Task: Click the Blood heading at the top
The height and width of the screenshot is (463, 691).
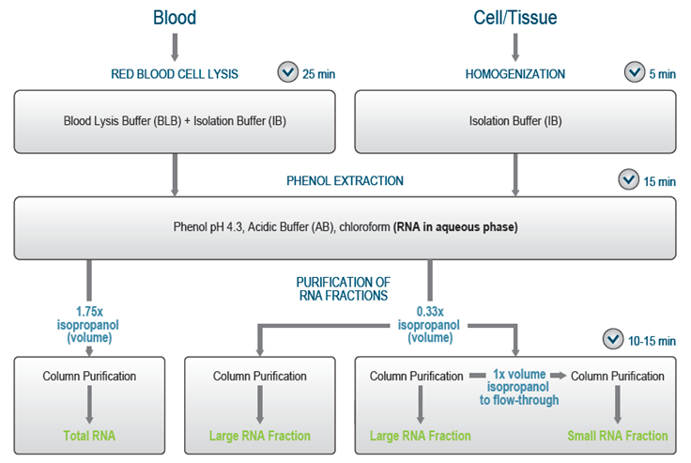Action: (175, 17)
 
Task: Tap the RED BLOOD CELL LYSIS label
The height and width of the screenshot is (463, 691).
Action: (175, 73)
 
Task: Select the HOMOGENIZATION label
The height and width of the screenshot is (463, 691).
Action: (515, 73)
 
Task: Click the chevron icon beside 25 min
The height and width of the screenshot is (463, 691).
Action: (288, 72)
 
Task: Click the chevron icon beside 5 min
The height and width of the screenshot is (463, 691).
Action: (636, 72)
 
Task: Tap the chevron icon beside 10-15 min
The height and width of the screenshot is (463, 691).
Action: (614, 338)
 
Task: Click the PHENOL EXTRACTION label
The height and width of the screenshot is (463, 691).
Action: (345, 180)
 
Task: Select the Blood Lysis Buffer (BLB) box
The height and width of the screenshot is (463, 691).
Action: (175, 121)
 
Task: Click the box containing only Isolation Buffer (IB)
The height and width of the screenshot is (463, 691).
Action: (515, 121)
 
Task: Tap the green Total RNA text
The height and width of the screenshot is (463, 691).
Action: (88, 436)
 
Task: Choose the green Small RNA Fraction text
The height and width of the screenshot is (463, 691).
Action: (617, 436)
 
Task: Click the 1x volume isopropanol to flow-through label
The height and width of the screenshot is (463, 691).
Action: (516, 387)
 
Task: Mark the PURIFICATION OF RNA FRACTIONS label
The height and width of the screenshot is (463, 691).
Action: (342, 288)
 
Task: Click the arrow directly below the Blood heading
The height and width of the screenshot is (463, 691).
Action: (175, 46)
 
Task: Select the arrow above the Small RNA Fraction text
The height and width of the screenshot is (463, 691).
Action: (617, 406)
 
